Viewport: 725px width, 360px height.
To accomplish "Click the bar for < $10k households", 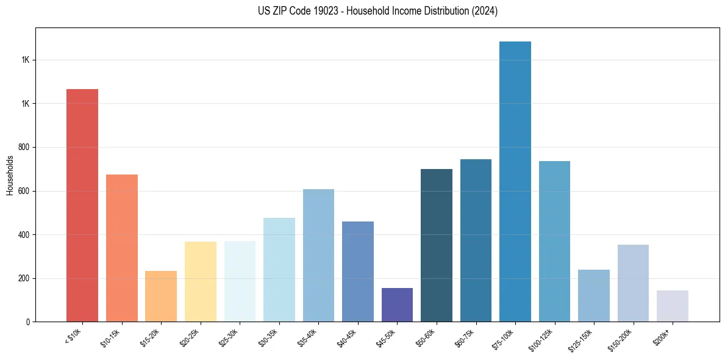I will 82,205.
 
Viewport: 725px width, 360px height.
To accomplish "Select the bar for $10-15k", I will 121,248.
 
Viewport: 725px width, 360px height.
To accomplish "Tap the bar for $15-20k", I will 161,296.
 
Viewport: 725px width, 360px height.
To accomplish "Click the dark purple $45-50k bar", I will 397,304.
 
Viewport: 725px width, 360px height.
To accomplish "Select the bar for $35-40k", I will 318,255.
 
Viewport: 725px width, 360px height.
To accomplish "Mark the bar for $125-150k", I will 593,295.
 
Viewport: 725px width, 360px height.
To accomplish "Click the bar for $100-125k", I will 554,241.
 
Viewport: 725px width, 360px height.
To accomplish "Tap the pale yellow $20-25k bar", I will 200,281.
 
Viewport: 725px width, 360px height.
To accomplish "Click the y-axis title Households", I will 10,175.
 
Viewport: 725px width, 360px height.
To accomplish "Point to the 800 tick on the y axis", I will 25,147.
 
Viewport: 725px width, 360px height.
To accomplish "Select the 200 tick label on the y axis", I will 25,278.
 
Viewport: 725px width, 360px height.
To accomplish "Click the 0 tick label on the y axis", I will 28,322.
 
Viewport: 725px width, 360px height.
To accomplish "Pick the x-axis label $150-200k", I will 621,338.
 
